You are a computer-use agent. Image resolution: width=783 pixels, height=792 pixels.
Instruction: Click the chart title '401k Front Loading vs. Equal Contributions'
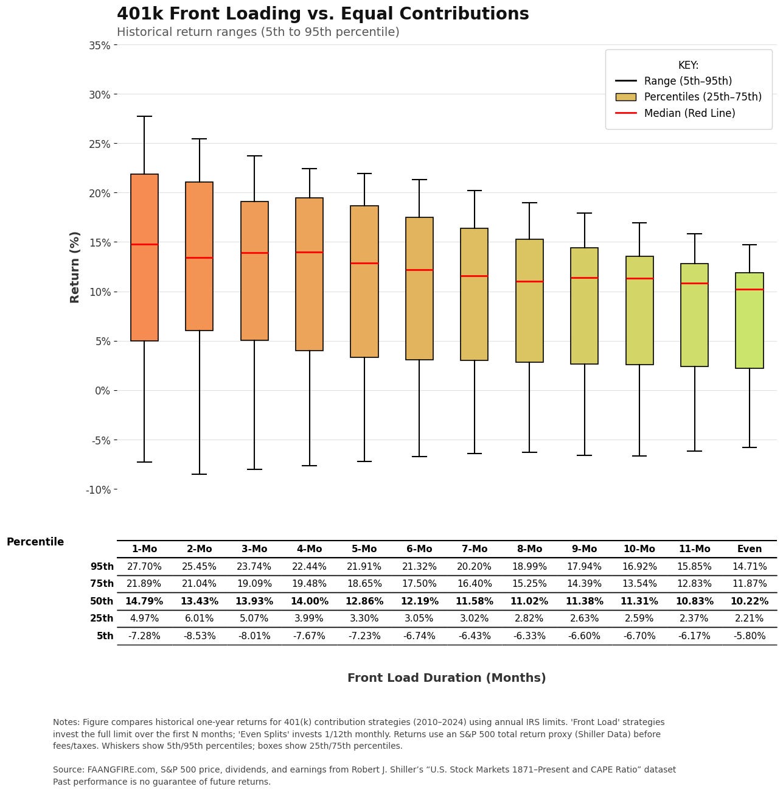tap(322, 14)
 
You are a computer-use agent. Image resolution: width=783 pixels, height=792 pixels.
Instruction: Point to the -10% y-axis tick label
tap(98, 489)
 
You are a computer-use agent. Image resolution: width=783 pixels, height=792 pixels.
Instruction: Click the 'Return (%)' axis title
tap(75, 267)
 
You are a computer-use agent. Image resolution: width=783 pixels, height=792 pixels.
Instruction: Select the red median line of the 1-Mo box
tap(144, 244)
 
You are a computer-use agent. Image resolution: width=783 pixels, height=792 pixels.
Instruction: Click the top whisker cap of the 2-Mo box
tap(200, 139)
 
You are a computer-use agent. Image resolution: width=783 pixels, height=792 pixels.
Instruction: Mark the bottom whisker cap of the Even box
tap(750, 447)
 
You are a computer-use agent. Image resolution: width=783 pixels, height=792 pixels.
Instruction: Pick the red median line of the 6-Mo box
tap(419, 270)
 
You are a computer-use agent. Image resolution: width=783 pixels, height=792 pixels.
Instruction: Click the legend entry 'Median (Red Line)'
tap(689, 113)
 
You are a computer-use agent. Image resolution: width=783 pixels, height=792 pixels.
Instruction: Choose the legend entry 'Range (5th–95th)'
tap(687, 81)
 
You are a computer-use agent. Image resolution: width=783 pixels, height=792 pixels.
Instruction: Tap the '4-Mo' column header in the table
tap(309, 549)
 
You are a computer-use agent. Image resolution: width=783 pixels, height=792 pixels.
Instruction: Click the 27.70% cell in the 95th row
tap(144, 567)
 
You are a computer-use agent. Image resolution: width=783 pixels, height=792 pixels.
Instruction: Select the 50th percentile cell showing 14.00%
tap(309, 601)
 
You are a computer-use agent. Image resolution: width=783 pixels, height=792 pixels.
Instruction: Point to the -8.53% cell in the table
tap(200, 636)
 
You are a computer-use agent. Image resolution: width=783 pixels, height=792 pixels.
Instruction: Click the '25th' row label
tap(102, 619)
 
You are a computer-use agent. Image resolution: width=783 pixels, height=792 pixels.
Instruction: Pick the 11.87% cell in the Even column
tap(750, 584)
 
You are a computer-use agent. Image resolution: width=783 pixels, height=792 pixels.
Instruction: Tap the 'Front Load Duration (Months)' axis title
tap(447, 678)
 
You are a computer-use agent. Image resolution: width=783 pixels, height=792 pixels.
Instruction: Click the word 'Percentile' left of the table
tap(35, 542)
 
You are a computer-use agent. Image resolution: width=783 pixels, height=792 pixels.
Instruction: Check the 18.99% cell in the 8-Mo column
tap(529, 567)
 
